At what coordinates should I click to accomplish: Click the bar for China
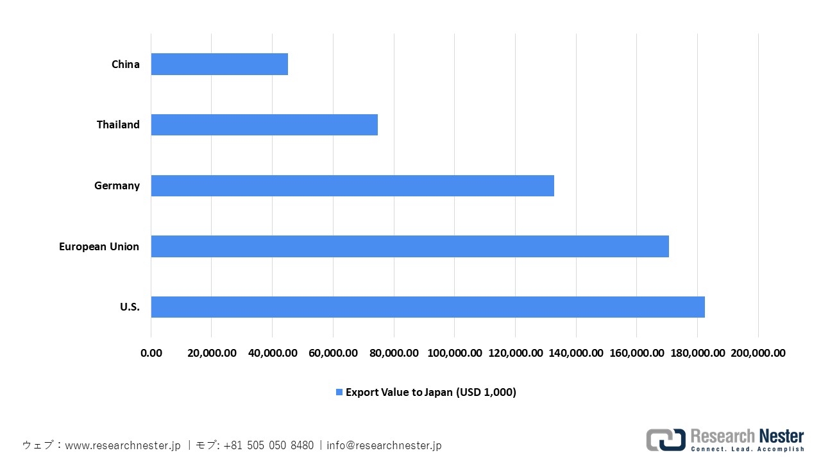pyautogui.click(x=219, y=64)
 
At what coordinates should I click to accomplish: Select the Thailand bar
pyautogui.click(x=264, y=124)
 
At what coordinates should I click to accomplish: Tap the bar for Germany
pyautogui.click(x=352, y=185)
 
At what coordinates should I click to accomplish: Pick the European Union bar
pyautogui.click(x=410, y=246)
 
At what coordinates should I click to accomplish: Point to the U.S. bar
pyautogui.click(x=428, y=307)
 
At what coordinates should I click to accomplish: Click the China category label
pyautogui.click(x=125, y=64)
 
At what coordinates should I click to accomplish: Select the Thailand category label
pyautogui.click(x=118, y=124)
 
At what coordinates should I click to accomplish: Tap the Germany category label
pyautogui.click(x=117, y=185)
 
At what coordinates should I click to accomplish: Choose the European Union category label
pyautogui.click(x=99, y=246)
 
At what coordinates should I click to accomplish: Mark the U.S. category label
pyautogui.click(x=130, y=307)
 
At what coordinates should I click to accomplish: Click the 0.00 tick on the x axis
pyautogui.click(x=151, y=353)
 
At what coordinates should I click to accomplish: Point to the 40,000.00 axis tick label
pyautogui.click(x=272, y=353)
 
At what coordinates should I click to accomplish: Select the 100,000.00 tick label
pyautogui.click(x=454, y=353)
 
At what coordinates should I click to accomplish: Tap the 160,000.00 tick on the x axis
pyautogui.click(x=636, y=353)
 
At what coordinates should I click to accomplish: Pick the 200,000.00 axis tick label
pyautogui.click(x=758, y=353)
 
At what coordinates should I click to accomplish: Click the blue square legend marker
pyautogui.click(x=339, y=392)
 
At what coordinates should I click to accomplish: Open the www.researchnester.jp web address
pyautogui.click(x=123, y=445)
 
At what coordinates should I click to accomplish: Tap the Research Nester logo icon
pyautogui.click(x=665, y=440)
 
